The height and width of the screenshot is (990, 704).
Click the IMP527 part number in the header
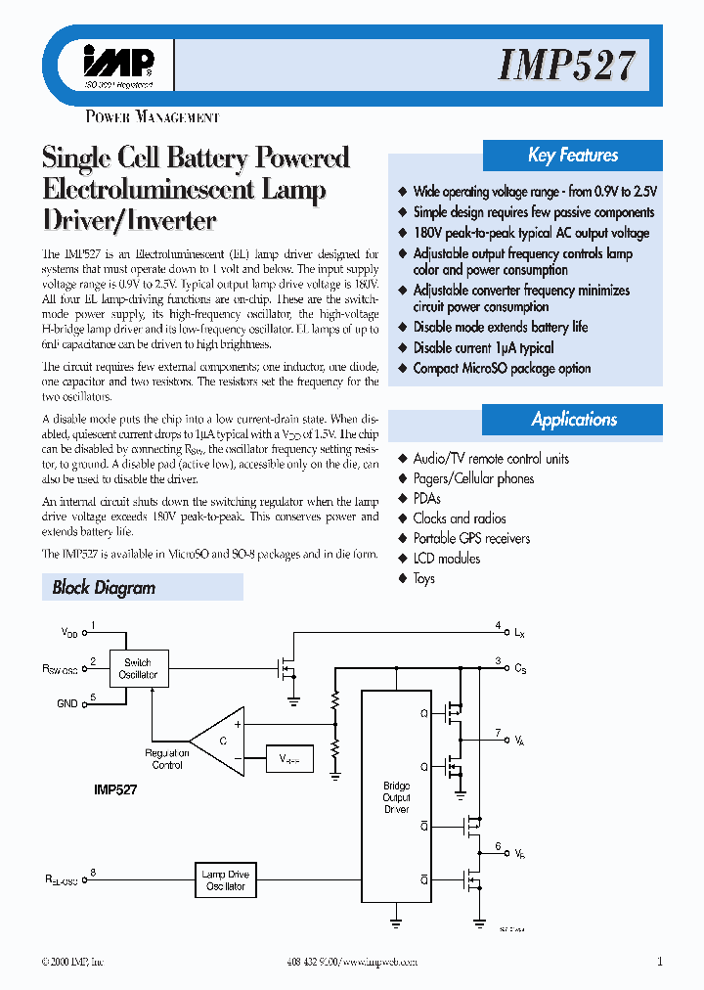coord(567,66)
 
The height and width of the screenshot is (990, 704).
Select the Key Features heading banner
coord(573,155)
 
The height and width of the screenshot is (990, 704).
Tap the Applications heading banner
coord(574,420)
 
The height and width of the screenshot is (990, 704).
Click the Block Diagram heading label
coord(104,588)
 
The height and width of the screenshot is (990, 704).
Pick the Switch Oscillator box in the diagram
coord(138,669)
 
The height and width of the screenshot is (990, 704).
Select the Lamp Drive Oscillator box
coord(225,879)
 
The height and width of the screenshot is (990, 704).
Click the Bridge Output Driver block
coord(396,797)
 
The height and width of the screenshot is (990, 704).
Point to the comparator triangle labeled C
coord(219,742)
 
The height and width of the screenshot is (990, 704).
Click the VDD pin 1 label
coord(69,633)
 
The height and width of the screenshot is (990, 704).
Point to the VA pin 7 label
coord(519,741)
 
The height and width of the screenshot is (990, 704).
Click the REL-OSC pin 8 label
coord(61,880)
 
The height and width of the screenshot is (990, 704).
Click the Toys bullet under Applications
coord(423,578)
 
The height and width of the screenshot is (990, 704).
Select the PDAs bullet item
coord(426,499)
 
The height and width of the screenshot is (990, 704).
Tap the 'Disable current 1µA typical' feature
coord(483,347)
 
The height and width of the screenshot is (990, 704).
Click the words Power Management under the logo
coord(153,117)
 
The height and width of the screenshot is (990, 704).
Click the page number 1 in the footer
coord(660,962)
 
